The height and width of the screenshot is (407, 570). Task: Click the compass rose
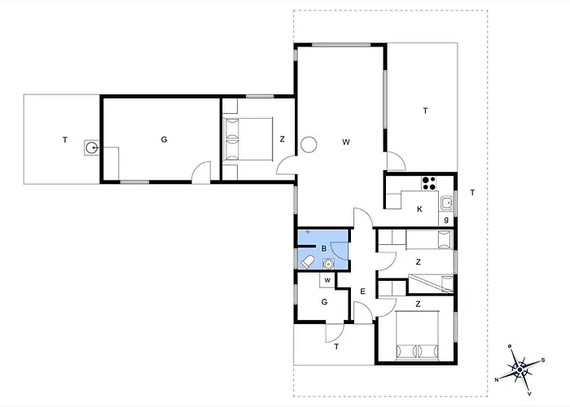(x=520, y=370)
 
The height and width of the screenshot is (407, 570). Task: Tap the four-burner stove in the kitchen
(x=429, y=183)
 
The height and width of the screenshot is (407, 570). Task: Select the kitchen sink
(x=447, y=203)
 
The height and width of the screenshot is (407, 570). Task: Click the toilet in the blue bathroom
(x=308, y=261)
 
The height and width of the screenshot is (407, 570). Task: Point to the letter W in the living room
(x=346, y=142)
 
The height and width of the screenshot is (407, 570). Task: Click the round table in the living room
(x=309, y=144)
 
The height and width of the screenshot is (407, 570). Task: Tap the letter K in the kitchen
(x=420, y=209)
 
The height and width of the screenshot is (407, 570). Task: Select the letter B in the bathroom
(x=324, y=248)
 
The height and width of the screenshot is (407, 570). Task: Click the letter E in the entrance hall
(x=362, y=291)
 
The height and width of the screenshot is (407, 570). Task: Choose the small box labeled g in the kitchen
(x=446, y=220)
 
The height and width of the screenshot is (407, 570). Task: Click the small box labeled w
(x=327, y=281)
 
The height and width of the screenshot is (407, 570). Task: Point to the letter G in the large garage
(x=164, y=139)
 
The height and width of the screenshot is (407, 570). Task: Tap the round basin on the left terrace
(x=91, y=147)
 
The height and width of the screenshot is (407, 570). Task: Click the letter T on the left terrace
(x=65, y=140)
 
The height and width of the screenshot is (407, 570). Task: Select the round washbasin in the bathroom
(x=329, y=264)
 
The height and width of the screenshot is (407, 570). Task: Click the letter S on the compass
(x=543, y=360)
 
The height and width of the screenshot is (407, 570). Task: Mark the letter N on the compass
(x=497, y=380)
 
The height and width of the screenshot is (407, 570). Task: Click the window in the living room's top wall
(x=341, y=45)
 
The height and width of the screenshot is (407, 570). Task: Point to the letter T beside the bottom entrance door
(x=336, y=347)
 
